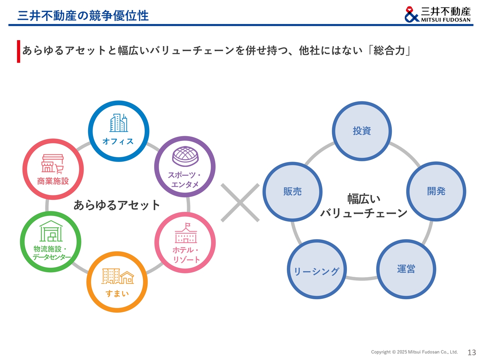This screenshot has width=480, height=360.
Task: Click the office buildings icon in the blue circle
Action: point(118,123)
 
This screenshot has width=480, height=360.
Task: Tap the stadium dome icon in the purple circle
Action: point(185,156)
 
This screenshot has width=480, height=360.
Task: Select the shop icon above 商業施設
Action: point(52,164)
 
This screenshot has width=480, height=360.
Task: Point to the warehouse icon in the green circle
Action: point(51,231)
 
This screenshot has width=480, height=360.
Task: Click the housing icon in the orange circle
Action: point(117,276)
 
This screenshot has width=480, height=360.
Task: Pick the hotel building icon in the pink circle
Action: point(186,234)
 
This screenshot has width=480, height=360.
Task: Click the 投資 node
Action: point(362,131)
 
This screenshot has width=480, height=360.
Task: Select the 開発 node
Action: point(436,191)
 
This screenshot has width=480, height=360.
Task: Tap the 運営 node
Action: point(406,269)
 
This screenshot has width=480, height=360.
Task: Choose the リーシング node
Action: point(317,270)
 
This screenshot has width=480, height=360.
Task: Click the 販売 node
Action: point(292,192)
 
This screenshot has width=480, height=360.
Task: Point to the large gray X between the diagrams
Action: point(240,202)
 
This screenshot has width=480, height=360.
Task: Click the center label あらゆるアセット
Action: point(117,205)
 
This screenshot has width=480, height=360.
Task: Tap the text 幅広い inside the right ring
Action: point(364,199)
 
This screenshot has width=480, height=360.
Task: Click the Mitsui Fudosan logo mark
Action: point(411,14)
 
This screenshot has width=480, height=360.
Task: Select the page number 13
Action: point(471,352)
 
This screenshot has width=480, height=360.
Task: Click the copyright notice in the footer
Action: point(414,352)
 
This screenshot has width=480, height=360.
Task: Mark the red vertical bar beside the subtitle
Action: point(18,51)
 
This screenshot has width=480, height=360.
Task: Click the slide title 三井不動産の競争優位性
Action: point(83,15)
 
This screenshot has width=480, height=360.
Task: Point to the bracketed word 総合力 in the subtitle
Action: point(389,50)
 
